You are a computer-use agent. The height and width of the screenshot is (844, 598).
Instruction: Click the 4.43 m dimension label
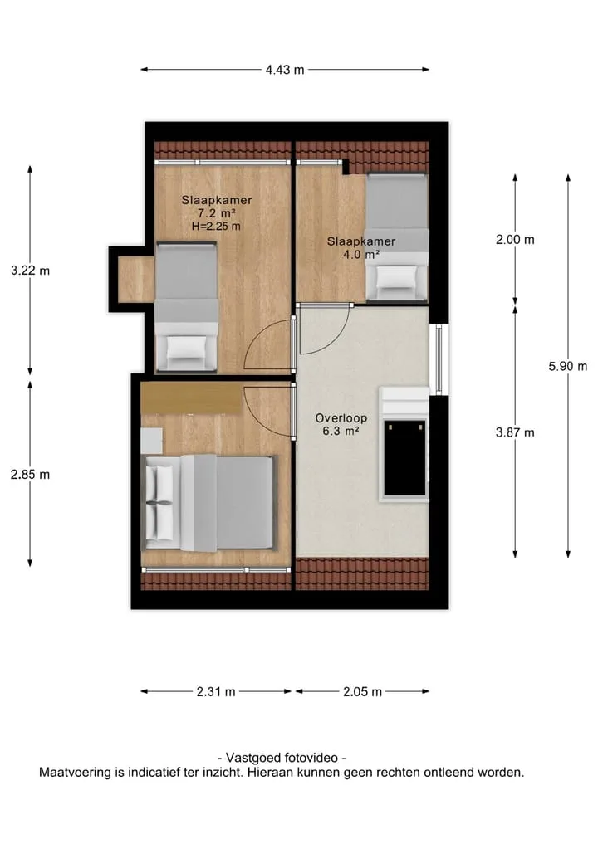[x=284, y=70]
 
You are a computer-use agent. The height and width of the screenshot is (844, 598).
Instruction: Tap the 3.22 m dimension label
[x=30, y=271]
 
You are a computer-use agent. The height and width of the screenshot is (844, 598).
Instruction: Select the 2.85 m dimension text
[x=30, y=474]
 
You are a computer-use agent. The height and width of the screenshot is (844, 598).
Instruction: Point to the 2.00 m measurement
[x=515, y=240]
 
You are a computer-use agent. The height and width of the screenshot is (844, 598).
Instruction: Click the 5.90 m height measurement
[x=568, y=366]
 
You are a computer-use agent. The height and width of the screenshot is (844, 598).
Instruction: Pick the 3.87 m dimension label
[x=515, y=432]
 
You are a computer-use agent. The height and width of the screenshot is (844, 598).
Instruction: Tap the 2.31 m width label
[x=215, y=691]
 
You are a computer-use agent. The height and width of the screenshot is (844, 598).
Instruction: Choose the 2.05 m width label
[x=363, y=691]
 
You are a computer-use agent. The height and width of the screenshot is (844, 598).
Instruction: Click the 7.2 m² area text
[x=217, y=213]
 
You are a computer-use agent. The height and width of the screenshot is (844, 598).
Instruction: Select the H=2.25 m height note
[x=216, y=227]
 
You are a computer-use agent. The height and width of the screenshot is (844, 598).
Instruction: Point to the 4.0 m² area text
[x=361, y=255]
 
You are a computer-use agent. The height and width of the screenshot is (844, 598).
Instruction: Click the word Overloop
[x=341, y=417]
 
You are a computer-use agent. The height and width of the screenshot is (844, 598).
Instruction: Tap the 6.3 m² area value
[x=341, y=432]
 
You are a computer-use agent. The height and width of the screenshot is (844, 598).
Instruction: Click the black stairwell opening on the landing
[x=404, y=458]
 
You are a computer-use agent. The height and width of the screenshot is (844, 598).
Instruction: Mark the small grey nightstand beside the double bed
[x=151, y=441]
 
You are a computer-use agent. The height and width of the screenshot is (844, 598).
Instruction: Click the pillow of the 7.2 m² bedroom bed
[x=186, y=348]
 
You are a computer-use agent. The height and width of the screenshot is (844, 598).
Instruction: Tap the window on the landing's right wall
[x=439, y=359]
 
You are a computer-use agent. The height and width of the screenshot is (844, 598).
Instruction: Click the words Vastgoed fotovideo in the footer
[x=282, y=758]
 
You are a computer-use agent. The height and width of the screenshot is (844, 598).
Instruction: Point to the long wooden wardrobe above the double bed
[x=191, y=398]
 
